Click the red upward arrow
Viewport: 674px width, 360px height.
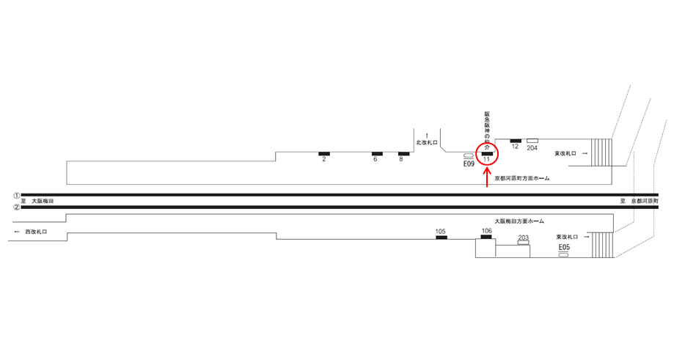[x=488, y=177]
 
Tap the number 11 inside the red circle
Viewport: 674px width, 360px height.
[x=486, y=159]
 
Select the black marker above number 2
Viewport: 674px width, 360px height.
[x=324, y=153]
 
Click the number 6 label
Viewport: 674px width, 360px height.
[x=376, y=159]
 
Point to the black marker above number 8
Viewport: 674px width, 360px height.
[x=403, y=153]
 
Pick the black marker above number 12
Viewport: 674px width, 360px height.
[x=515, y=140]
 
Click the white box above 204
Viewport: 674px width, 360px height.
[x=532, y=140]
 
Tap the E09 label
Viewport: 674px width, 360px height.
[x=469, y=165]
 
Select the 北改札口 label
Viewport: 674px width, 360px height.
[x=426, y=142]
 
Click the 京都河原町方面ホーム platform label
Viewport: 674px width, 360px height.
[x=521, y=178]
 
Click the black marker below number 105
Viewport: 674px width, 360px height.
[x=441, y=238]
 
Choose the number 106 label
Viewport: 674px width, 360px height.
[x=486, y=231]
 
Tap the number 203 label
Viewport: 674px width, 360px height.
[x=523, y=238]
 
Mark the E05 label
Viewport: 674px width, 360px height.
[x=564, y=247]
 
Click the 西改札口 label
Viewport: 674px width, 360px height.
[x=36, y=232]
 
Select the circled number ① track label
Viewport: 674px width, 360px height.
[x=16, y=195]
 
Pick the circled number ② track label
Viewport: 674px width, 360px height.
[x=16, y=207]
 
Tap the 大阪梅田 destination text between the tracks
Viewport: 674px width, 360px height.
[x=43, y=201]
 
